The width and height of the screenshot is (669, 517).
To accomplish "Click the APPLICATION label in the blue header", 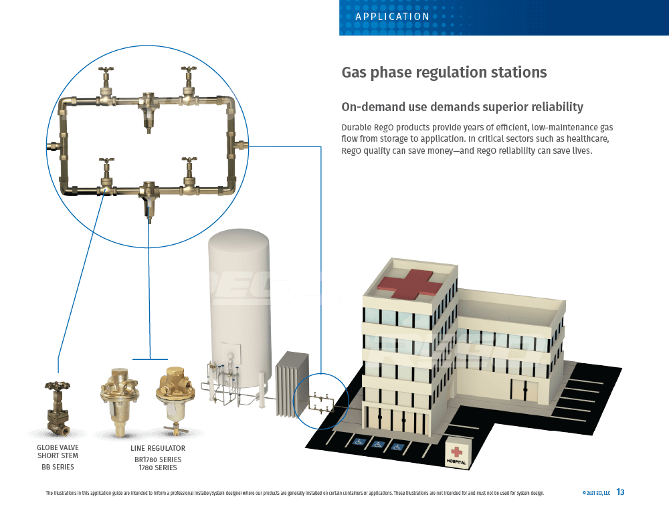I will pyautogui.click(x=393, y=17).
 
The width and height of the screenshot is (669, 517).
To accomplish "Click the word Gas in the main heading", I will pyautogui.click(x=355, y=72).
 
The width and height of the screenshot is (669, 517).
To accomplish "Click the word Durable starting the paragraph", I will pyautogui.click(x=359, y=127).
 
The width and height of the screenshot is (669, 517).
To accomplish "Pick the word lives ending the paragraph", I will pyautogui.click(x=579, y=150).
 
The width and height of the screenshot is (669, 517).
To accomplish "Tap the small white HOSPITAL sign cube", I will pyautogui.click(x=458, y=454).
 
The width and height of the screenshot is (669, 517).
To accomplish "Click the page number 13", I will pyautogui.click(x=620, y=492).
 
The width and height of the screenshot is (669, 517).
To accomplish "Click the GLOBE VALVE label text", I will pyautogui.click(x=58, y=447).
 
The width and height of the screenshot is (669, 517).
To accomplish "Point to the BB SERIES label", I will pyautogui.click(x=58, y=467).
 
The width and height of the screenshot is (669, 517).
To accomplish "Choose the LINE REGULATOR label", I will pyautogui.click(x=158, y=448).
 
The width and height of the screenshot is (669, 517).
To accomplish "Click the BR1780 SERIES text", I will pyautogui.click(x=158, y=459).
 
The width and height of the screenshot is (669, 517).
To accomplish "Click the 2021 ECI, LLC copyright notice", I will pyautogui.click(x=596, y=493).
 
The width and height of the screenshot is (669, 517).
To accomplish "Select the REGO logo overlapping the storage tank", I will pyautogui.click(x=251, y=288).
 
